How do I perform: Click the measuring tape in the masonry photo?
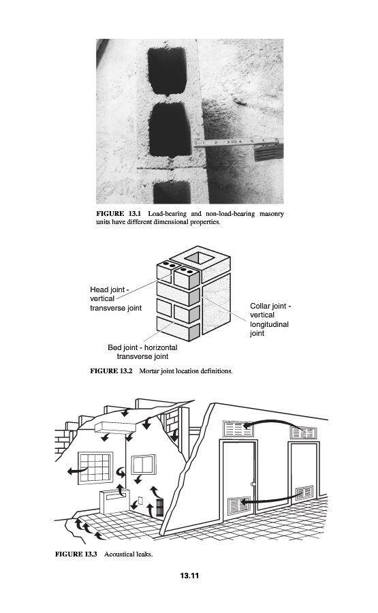[x=236, y=143]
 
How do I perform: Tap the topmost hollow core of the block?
[x=166, y=70]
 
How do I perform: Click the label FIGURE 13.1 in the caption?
[x=118, y=214]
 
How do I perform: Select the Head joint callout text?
[x=116, y=299]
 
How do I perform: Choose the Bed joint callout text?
[x=142, y=352]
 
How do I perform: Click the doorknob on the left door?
[x=253, y=484]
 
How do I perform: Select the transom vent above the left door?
[x=238, y=428]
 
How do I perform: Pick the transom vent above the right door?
[x=303, y=433]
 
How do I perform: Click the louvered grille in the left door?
[x=239, y=505]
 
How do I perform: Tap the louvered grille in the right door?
[x=304, y=493]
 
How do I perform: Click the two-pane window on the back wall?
[x=144, y=464]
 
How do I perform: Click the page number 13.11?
[x=189, y=576]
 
